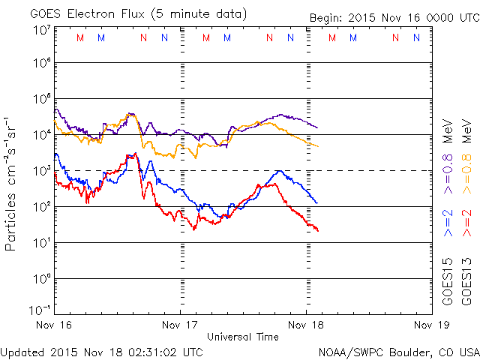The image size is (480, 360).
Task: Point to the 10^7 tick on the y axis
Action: click(40, 29)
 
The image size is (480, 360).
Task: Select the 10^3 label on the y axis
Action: click(40, 170)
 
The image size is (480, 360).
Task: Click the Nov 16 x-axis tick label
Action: click(54, 325)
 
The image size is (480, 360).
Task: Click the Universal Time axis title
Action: click(243, 337)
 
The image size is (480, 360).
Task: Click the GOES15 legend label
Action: click(447, 280)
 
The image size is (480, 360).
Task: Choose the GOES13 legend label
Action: click(466, 280)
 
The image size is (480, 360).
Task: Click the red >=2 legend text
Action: click(466, 224)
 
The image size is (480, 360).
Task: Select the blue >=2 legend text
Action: click(447, 224)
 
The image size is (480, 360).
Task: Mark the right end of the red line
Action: click(318, 230)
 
